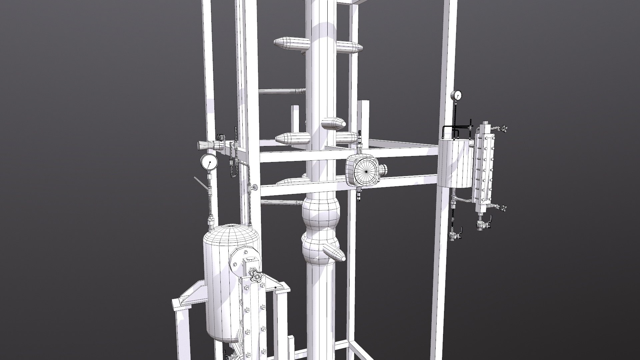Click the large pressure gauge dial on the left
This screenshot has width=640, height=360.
point(209,163)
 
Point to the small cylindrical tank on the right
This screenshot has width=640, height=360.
point(455,163)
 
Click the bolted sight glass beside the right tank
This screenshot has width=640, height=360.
point(484,167)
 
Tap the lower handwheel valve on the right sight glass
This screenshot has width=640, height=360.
point(503,209)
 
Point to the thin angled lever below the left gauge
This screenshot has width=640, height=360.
point(202,184)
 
